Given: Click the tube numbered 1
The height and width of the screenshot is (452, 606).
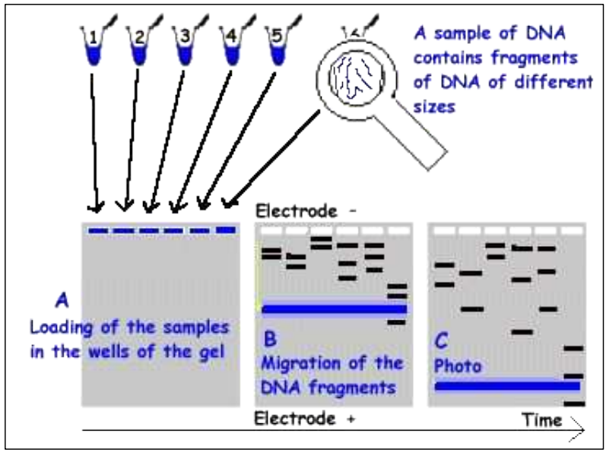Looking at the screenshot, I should point(93,46).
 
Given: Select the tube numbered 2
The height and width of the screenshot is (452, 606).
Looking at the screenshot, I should point(138,46).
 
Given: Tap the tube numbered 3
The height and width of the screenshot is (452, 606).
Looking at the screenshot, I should point(183,46).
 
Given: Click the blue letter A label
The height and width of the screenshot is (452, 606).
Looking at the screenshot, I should point(62,302).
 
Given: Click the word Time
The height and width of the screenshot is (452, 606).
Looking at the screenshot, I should point(541,419).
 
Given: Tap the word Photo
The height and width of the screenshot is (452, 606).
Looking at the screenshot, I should point(458,366).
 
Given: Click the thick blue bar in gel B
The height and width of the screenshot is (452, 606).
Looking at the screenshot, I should point(335,308).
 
